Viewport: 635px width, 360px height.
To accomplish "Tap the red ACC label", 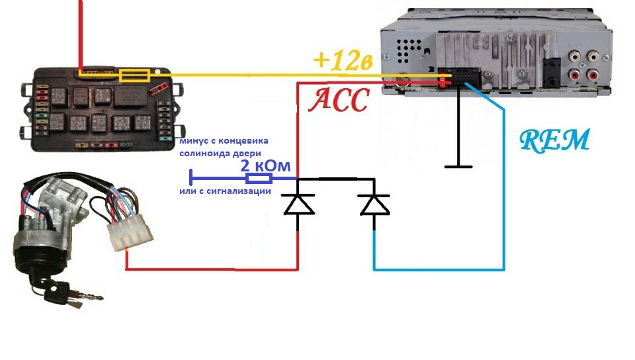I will (338, 101).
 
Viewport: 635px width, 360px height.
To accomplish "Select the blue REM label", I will (554, 140).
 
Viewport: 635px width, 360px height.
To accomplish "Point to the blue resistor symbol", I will (258, 179).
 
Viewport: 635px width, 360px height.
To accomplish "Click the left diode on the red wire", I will (298, 204).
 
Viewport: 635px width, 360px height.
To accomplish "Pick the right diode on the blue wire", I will (374, 204).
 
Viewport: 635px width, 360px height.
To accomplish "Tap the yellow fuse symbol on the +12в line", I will (134, 74).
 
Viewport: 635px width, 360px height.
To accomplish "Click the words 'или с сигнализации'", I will (225, 191).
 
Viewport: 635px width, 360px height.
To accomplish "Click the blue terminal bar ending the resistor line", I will (190, 179).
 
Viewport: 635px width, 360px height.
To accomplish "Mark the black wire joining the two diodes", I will (336, 179).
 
